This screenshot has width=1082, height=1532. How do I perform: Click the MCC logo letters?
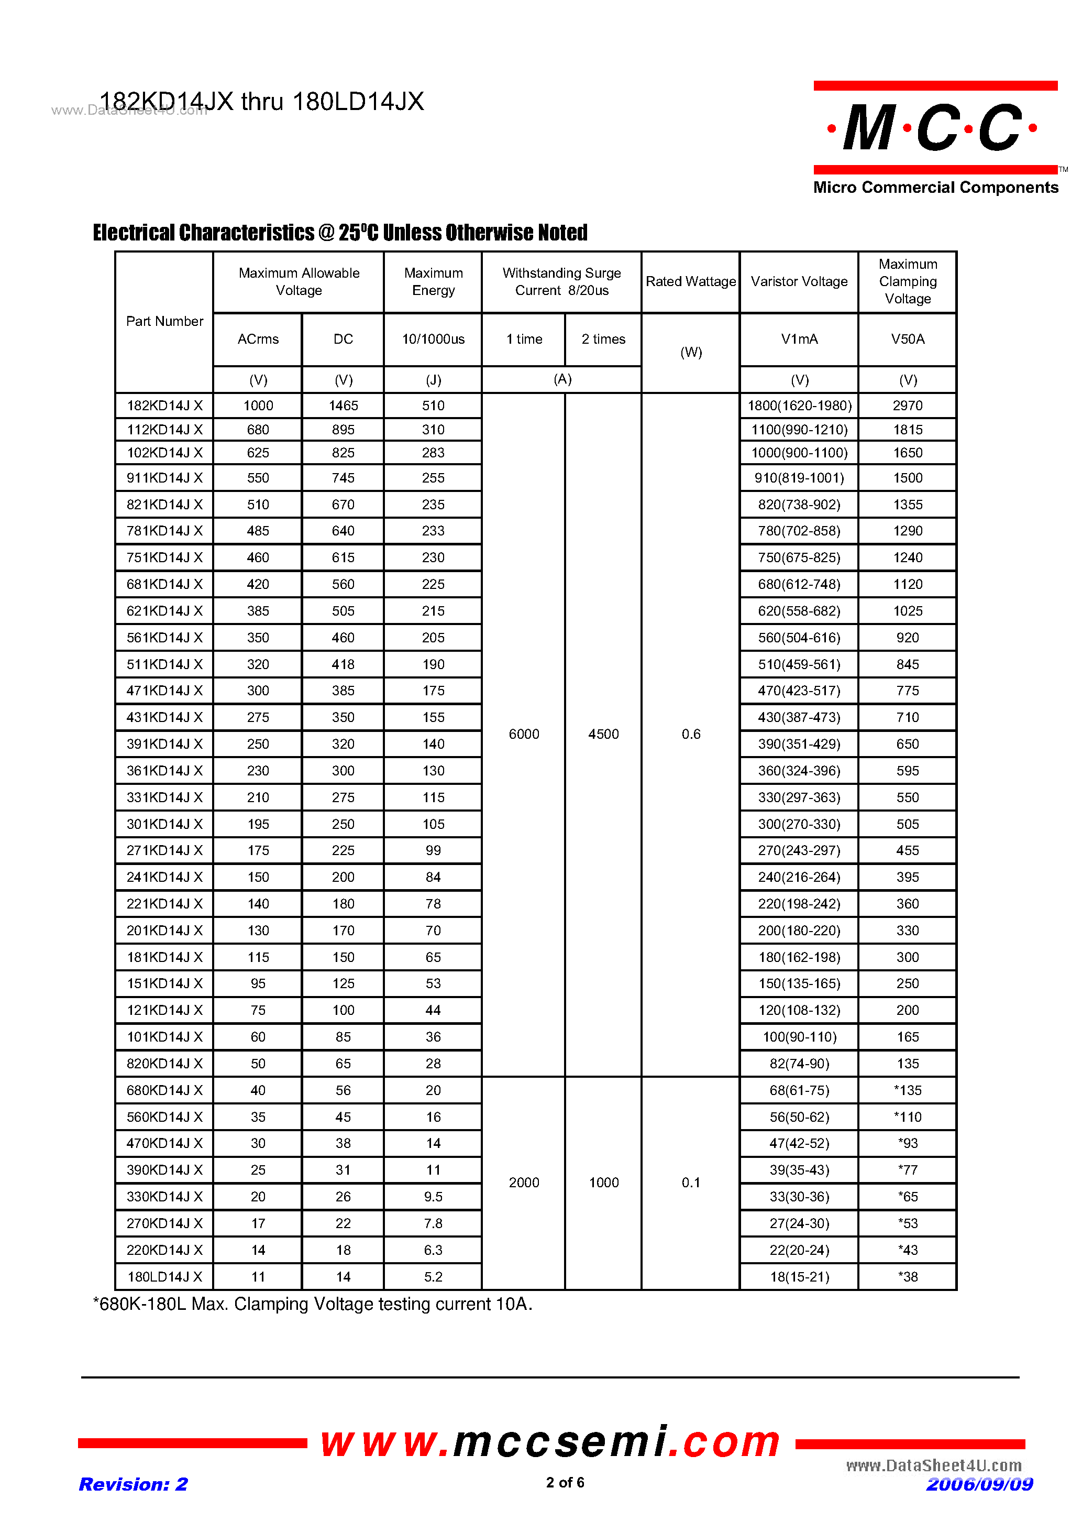pyautogui.click(x=933, y=127)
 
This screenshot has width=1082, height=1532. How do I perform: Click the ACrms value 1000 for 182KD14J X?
pyautogui.click(x=258, y=406)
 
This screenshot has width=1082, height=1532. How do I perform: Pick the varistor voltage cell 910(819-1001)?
pyautogui.click(x=799, y=478)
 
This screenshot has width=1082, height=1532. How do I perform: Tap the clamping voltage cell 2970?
pyautogui.click(x=907, y=406)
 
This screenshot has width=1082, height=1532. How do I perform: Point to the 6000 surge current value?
pyautogui.click(x=524, y=734)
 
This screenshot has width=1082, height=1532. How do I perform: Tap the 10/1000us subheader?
pyautogui.click(x=433, y=339)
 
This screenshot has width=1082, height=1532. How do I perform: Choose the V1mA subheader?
pyautogui.click(x=799, y=339)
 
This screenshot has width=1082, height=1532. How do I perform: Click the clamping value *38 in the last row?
pyautogui.click(x=907, y=1276)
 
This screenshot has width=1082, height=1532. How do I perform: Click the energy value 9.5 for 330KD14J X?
pyautogui.click(x=433, y=1196)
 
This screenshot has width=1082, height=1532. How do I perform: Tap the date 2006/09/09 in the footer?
pyautogui.click(x=979, y=1484)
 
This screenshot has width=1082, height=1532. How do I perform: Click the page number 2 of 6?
pyautogui.click(x=565, y=1482)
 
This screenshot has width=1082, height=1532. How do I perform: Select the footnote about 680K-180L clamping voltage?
pyautogui.click(x=312, y=1304)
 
